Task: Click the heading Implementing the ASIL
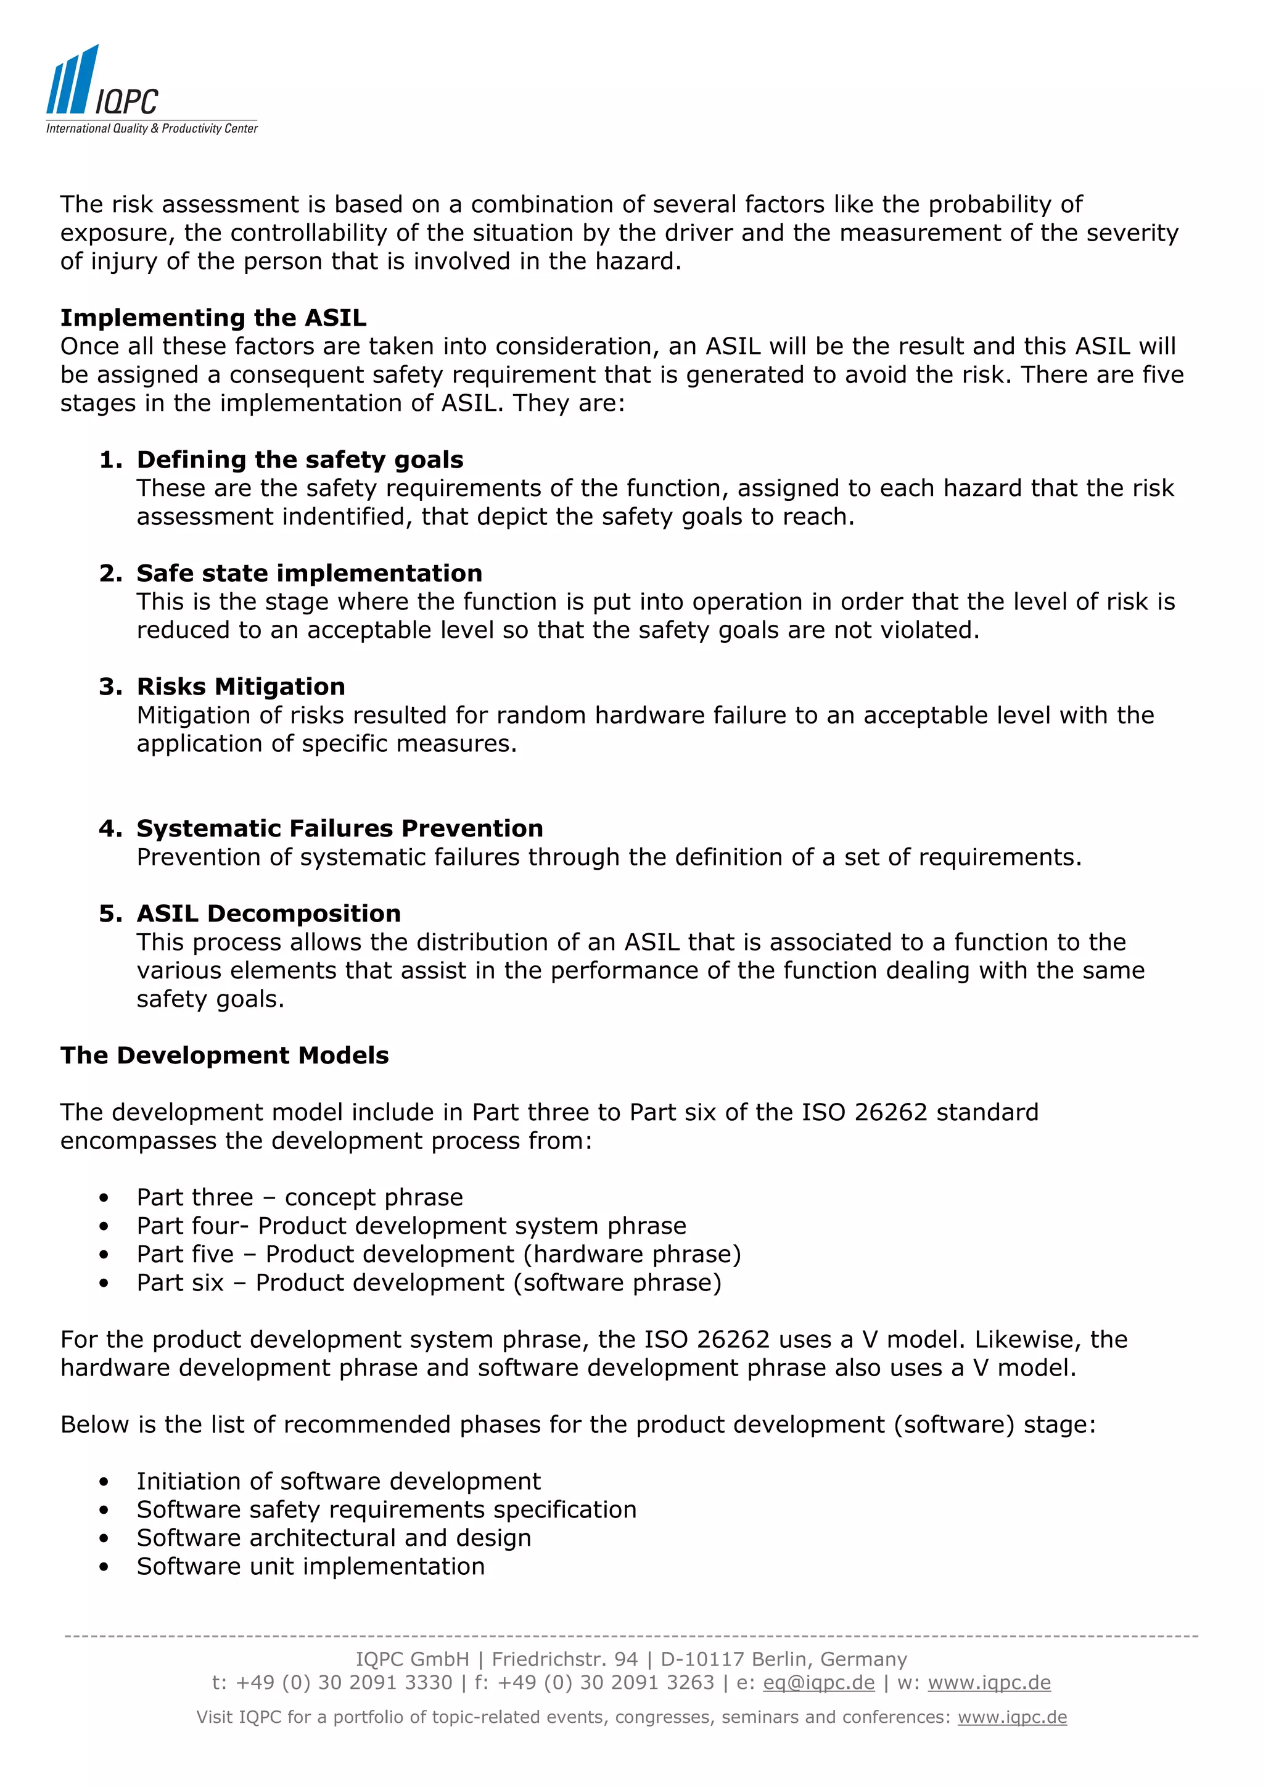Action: pyautogui.click(x=213, y=318)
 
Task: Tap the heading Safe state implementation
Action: pyautogui.click(x=309, y=573)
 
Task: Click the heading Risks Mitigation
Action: pyautogui.click(x=241, y=687)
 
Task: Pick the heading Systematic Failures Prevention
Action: pyautogui.click(x=339, y=828)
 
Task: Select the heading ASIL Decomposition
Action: pyautogui.click(x=268, y=913)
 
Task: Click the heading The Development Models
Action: pyautogui.click(x=224, y=1055)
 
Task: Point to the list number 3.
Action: pyautogui.click(x=110, y=687)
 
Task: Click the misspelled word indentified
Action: pyautogui.click(x=347, y=517)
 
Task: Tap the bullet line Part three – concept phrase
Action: pyautogui.click(x=300, y=1197)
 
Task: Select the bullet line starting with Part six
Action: pyautogui.click(x=429, y=1282)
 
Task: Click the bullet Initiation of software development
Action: pyautogui.click(x=339, y=1481)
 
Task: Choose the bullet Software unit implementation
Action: pyautogui.click(x=310, y=1566)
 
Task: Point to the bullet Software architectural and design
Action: pyautogui.click(x=334, y=1538)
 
